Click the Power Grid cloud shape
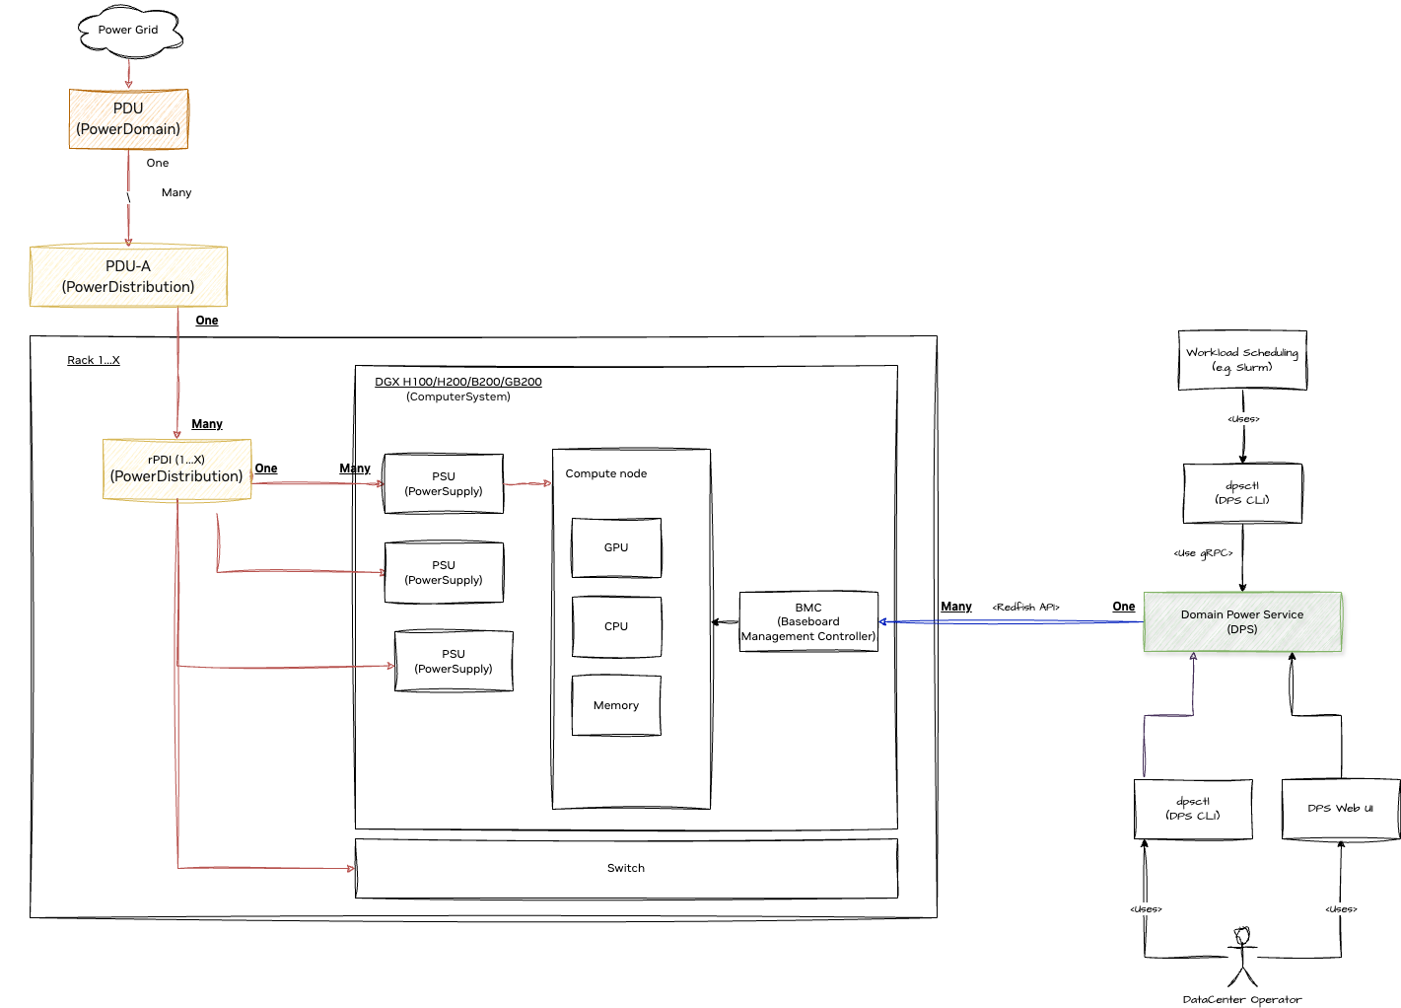pyautogui.click(x=129, y=31)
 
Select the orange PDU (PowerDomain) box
pyautogui.click(x=128, y=119)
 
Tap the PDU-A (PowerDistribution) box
pyautogui.click(x=128, y=276)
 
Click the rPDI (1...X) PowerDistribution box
pyautogui.click(x=176, y=469)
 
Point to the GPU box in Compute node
pyautogui.click(x=616, y=547)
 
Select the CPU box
pyautogui.click(x=616, y=626)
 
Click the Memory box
pyautogui.click(x=616, y=705)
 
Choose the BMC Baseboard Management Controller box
pyautogui.click(x=808, y=622)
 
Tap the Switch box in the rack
pyautogui.click(x=626, y=868)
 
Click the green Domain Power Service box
pyautogui.click(x=1242, y=622)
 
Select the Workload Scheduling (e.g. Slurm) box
pyautogui.click(x=1242, y=360)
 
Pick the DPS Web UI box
pyautogui.click(x=1341, y=809)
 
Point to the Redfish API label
pyautogui.click(x=1025, y=607)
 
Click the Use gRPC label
pyautogui.click(x=1203, y=553)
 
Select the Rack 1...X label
pyautogui.click(x=94, y=360)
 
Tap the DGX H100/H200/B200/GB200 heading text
pyautogui.click(x=457, y=382)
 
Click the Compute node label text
pyautogui.click(x=606, y=473)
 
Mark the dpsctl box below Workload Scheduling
pyautogui.click(x=1242, y=493)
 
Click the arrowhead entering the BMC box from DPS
pyautogui.click(x=883, y=621)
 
